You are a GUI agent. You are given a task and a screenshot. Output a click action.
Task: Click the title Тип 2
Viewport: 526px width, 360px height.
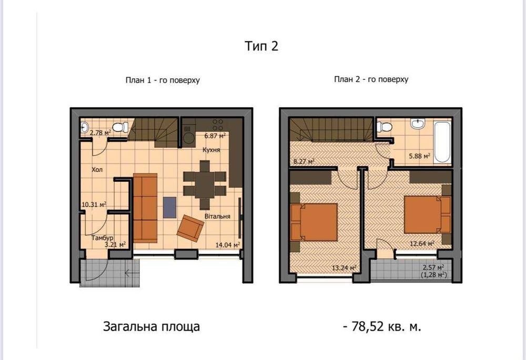[x=261, y=46]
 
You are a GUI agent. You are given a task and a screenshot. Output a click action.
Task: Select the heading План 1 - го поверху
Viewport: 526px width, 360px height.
[x=162, y=80]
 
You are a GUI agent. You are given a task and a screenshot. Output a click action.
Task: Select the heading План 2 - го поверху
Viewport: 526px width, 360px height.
[x=371, y=79]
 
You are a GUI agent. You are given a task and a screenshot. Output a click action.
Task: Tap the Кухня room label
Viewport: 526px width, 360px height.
[x=211, y=150]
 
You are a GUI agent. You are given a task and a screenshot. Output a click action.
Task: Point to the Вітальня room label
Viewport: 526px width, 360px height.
[x=218, y=216]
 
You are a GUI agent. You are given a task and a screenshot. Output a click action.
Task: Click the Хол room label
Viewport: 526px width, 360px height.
[x=97, y=170]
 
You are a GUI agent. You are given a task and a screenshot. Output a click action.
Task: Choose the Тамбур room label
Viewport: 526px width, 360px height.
[x=102, y=238]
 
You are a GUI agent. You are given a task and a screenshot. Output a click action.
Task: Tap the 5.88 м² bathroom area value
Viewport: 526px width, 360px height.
[x=420, y=156]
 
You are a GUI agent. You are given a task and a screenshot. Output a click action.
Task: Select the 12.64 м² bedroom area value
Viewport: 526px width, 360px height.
[x=422, y=243]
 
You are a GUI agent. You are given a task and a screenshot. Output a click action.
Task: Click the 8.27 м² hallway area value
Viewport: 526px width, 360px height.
[x=303, y=162]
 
